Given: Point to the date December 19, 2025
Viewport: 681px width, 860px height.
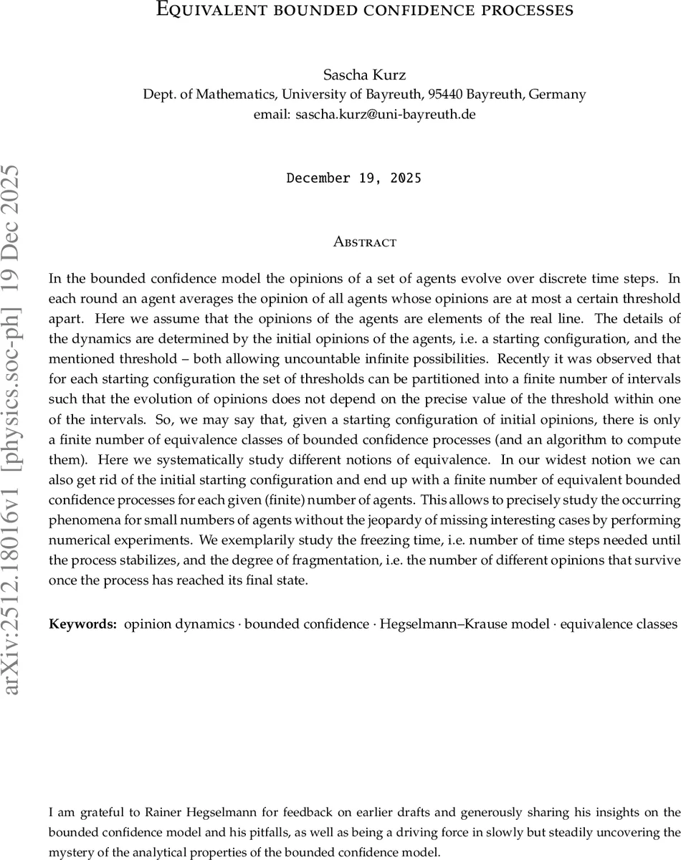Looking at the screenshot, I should [353, 178].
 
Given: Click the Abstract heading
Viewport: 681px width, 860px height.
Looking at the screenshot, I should [365, 242].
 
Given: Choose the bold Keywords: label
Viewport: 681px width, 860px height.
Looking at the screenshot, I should [82, 624].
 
